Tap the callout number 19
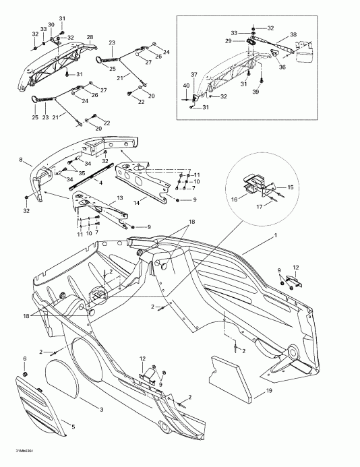click(268, 390)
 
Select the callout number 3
click(101, 409)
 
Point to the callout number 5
click(73, 427)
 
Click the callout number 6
click(25, 358)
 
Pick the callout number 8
click(22, 161)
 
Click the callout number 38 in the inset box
click(293, 34)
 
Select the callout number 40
click(187, 85)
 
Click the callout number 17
click(259, 208)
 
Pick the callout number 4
click(100, 182)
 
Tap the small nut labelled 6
click(25, 373)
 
